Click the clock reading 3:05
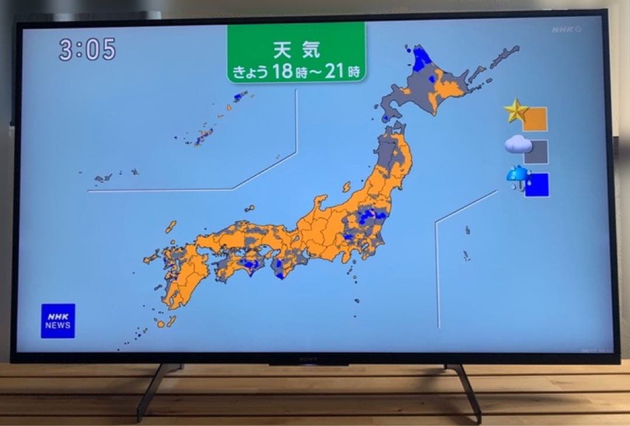pyautogui.click(x=87, y=50)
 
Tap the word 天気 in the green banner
pyautogui.click(x=296, y=50)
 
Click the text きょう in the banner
pyautogui.click(x=250, y=72)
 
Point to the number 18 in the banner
pyautogui.click(x=283, y=72)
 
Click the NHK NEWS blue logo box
pyautogui.click(x=58, y=321)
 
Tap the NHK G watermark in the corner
pyautogui.click(x=566, y=30)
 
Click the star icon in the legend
pyautogui.click(x=516, y=111)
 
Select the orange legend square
pyautogui.click(x=535, y=119)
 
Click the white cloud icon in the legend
pyautogui.click(x=517, y=144)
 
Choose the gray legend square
pyautogui.click(x=535, y=152)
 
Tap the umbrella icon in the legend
pyautogui.click(x=518, y=176)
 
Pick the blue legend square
pyautogui.click(x=537, y=185)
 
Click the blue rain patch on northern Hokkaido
pyautogui.click(x=421, y=59)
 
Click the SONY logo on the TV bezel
pyautogui.click(x=309, y=360)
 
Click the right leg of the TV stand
pyautogui.click(x=467, y=390)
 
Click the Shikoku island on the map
pyautogui.click(x=239, y=265)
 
